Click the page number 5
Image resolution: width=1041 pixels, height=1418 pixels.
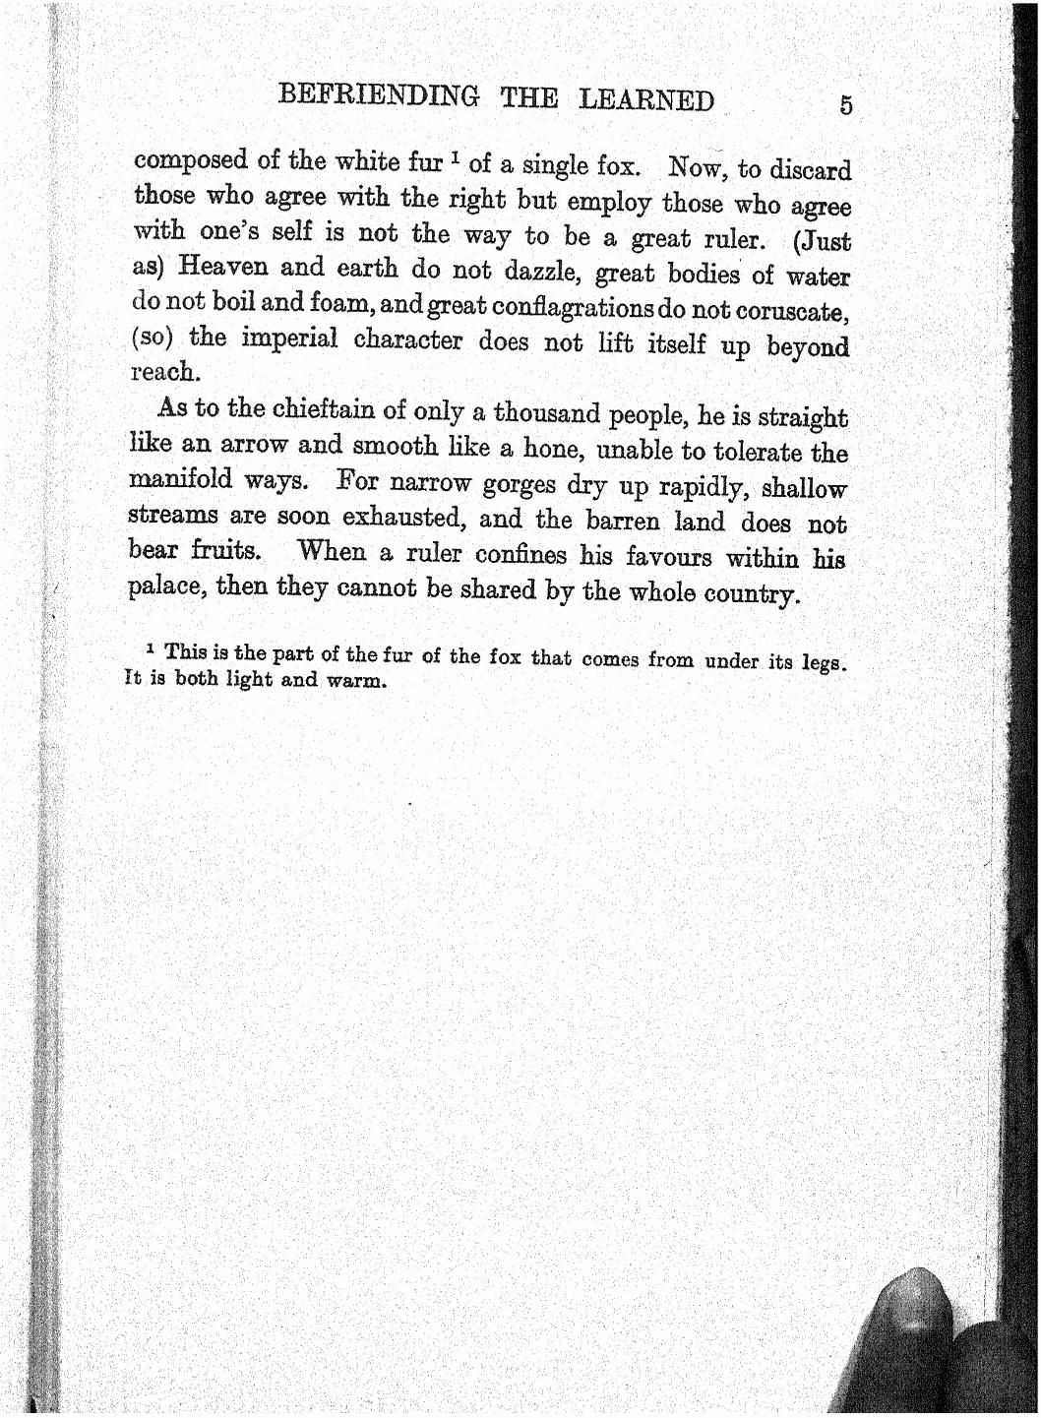[845, 106]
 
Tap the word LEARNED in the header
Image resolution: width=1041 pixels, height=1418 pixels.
[645, 100]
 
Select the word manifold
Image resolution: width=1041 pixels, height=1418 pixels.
[181, 480]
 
